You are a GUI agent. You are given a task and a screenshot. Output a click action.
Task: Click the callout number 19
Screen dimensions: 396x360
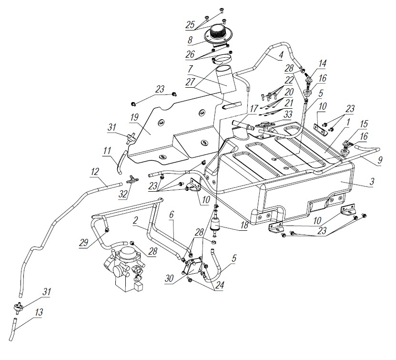pos(134,118)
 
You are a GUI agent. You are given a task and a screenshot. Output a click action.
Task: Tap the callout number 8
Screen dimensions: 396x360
pos(190,40)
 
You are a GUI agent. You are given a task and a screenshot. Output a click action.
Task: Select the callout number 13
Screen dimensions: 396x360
pos(39,312)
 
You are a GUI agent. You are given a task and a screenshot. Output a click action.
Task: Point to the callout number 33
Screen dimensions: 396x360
pos(288,115)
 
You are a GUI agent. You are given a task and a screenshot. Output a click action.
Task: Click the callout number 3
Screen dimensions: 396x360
pos(372,181)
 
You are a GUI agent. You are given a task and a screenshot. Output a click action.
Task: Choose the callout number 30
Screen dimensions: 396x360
pos(170,278)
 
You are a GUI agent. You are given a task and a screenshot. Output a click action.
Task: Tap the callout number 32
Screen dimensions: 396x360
pos(123,194)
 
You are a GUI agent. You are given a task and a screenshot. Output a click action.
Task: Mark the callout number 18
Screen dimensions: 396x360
pos(244,226)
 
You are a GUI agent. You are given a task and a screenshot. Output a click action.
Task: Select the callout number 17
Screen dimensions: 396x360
pos(254,109)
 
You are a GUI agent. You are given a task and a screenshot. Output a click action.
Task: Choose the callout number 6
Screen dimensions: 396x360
pos(171,215)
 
